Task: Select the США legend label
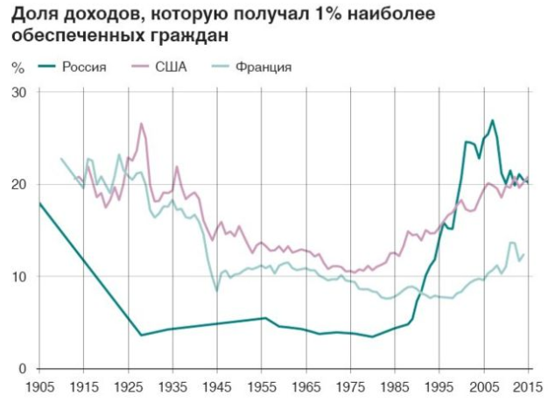point(171,67)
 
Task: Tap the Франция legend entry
point(263,67)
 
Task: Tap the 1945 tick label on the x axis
point(218,386)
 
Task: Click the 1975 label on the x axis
point(352,386)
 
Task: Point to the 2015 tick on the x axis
point(527,386)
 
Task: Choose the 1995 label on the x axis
point(440,386)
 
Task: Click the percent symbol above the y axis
point(17,67)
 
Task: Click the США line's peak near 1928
point(141,124)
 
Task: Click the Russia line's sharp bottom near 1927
point(140,335)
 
